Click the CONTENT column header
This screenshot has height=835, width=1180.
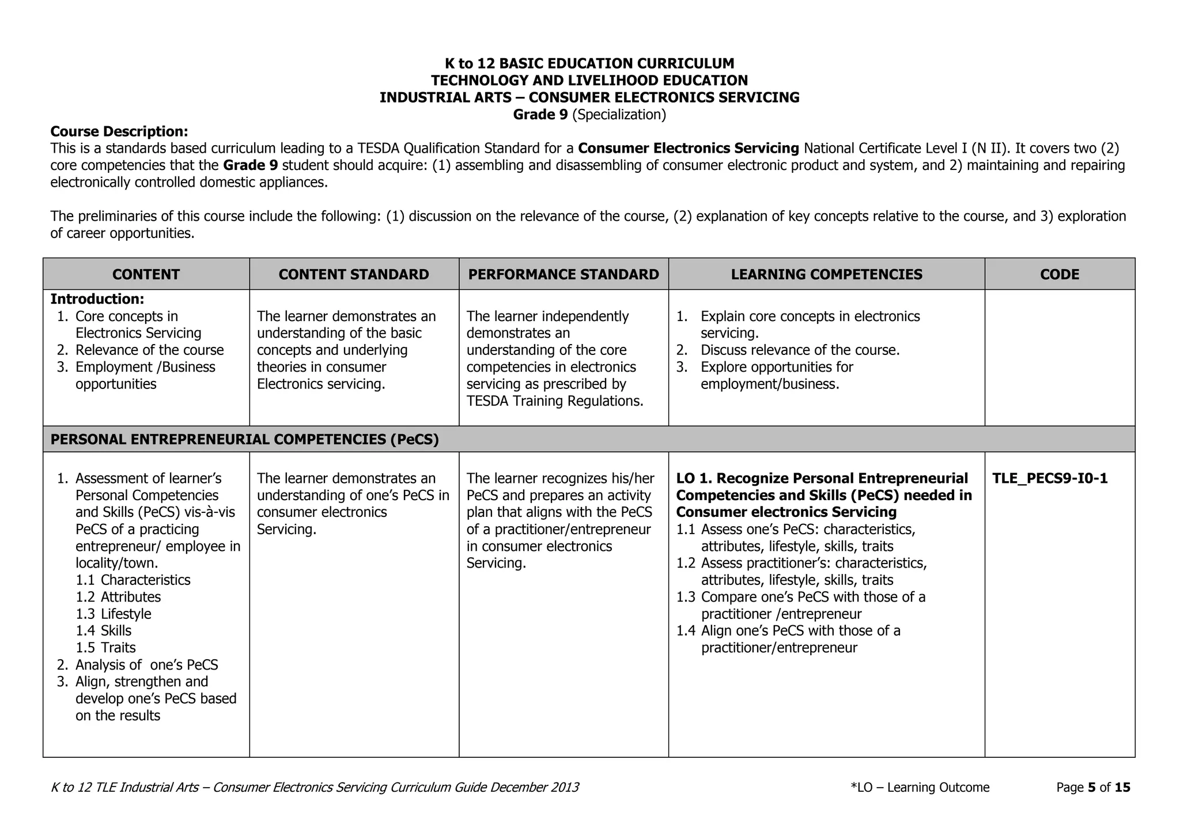pyautogui.click(x=146, y=274)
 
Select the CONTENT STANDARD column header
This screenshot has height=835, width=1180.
pyautogui.click(x=354, y=274)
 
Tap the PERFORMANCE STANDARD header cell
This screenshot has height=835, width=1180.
pyautogui.click(x=563, y=274)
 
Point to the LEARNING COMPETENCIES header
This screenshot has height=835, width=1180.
pyautogui.click(x=826, y=274)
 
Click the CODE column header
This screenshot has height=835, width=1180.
pyautogui.click(x=1059, y=274)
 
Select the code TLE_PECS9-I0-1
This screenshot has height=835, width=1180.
pyautogui.click(x=1049, y=479)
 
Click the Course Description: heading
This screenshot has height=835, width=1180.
pyautogui.click(x=119, y=131)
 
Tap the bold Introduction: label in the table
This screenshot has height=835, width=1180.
pyautogui.click(x=97, y=299)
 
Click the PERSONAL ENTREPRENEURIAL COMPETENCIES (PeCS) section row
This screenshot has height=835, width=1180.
pyautogui.click(x=245, y=440)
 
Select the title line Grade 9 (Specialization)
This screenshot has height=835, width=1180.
pyautogui.click(x=589, y=115)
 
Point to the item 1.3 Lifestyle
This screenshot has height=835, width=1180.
pyautogui.click(x=114, y=614)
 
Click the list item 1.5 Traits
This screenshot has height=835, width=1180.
pyautogui.click(x=106, y=648)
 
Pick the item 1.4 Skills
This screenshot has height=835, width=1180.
pyautogui.click(x=104, y=631)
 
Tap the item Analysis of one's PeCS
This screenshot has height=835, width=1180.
pyautogui.click(x=146, y=665)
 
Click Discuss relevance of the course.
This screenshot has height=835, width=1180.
pyautogui.click(x=800, y=350)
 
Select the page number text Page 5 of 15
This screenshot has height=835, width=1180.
pyautogui.click(x=1093, y=788)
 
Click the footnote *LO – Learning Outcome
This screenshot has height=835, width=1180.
pyautogui.click(x=920, y=788)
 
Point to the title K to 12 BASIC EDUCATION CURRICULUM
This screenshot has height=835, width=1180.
pyautogui.click(x=589, y=63)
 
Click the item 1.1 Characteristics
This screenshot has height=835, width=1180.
pyautogui.click(x=133, y=580)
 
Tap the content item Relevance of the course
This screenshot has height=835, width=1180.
pyautogui.click(x=149, y=350)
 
